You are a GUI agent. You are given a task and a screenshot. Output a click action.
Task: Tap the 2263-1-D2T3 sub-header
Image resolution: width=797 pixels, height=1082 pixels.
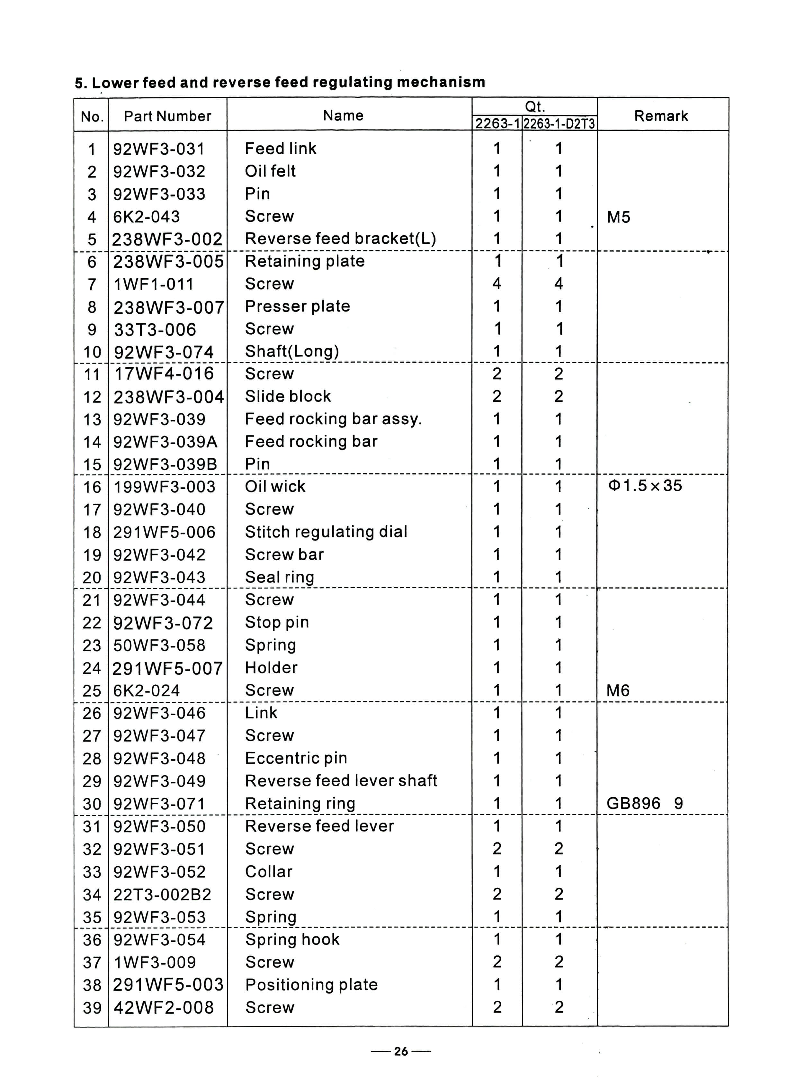click(x=559, y=124)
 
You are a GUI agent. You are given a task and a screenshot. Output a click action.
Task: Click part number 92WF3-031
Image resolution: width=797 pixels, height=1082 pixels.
click(x=159, y=149)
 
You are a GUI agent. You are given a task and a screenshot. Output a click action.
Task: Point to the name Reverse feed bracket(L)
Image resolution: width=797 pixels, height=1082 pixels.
click(x=340, y=239)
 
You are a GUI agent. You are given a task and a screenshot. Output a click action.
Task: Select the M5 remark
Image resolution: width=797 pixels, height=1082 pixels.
click(x=619, y=217)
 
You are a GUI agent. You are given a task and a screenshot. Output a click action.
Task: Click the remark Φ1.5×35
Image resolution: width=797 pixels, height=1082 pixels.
click(x=646, y=485)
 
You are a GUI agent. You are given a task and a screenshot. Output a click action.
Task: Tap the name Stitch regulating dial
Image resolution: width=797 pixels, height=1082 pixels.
click(x=326, y=532)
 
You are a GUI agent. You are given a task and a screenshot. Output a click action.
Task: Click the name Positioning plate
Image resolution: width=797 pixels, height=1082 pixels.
click(x=311, y=985)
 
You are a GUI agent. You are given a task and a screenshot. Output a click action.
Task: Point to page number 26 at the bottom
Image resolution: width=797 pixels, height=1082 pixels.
click(x=401, y=1051)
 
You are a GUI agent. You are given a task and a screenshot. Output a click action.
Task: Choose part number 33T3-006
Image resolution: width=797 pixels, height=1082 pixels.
click(x=155, y=329)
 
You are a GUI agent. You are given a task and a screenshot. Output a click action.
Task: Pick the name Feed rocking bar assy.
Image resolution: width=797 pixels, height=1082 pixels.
click(x=333, y=419)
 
